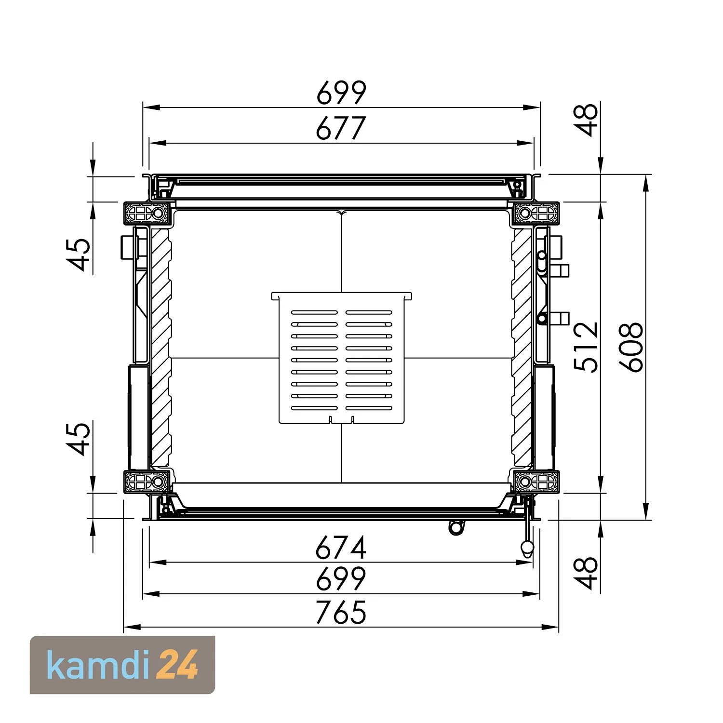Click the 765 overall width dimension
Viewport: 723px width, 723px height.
pyautogui.click(x=341, y=612)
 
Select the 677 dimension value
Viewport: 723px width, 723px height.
pyautogui.click(x=341, y=129)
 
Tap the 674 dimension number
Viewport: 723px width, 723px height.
pyautogui.click(x=341, y=548)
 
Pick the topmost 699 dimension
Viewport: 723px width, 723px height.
pyautogui.click(x=341, y=94)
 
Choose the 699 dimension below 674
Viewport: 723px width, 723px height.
pyautogui.click(x=341, y=579)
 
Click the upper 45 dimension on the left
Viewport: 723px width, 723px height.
pyautogui.click(x=79, y=255)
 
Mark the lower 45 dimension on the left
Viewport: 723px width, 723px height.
pyautogui.click(x=79, y=439)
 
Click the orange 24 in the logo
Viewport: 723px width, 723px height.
pyautogui.click(x=178, y=666)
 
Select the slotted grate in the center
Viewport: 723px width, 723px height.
pyautogui.click(x=341, y=359)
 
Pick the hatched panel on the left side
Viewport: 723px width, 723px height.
pyautogui.click(x=161, y=347)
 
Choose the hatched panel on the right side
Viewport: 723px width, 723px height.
pyautogui.click(x=522, y=347)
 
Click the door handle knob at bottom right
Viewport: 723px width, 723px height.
pyautogui.click(x=527, y=547)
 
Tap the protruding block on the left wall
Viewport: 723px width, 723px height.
pyautogui.click(x=126, y=247)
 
